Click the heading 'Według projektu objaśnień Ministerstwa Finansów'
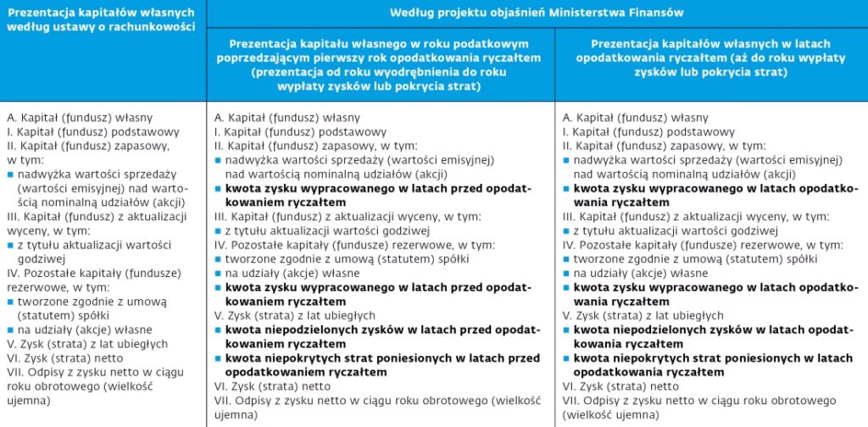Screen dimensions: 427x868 click(x=536, y=13)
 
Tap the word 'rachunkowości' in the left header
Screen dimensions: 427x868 click(x=153, y=27)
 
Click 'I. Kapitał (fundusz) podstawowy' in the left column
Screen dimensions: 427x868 click(x=93, y=132)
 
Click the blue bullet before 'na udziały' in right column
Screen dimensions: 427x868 click(x=567, y=274)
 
